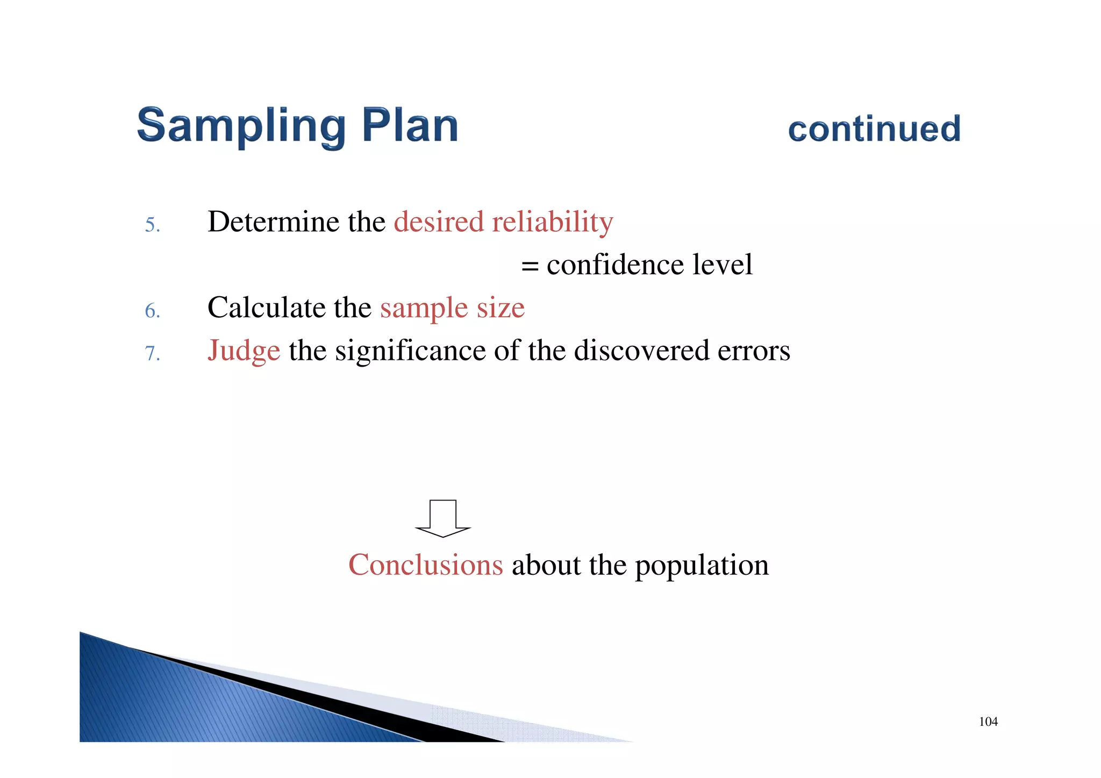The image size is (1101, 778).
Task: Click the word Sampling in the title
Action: click(x=241, y=126)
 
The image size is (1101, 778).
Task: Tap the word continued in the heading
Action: click(x=874, y=129)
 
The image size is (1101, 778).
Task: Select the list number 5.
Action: click(x=152, y=225)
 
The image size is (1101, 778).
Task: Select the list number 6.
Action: click(x=152, y=311)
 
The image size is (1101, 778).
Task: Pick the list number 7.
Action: click(x=152, y=354)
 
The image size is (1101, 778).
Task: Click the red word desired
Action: click(x=439, y=222)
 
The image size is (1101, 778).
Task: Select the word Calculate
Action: click(x=266, y=308)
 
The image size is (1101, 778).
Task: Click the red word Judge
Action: click(x=244, y=352)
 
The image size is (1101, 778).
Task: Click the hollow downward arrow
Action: click(x=443, y=518)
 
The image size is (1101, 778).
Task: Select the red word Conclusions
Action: click(x=425, y=565)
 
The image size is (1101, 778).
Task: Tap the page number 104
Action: click(x=988, y=722)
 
